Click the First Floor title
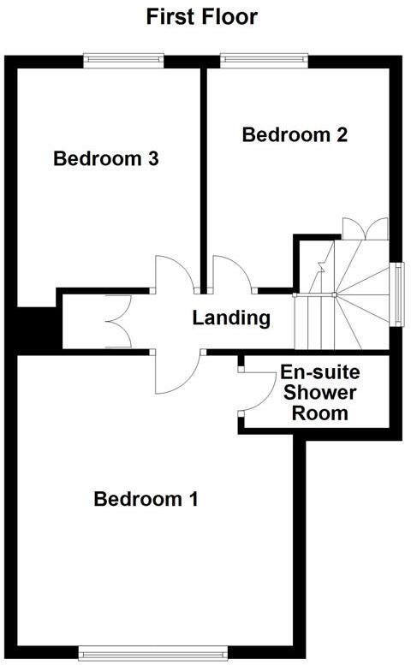pos(201,16)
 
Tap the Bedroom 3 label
pos(106,158)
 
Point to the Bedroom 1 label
pos(146,498)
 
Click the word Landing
pos(231,318)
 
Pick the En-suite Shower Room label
pos(315,393)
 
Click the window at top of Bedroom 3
pos(123,59)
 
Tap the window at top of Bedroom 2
pos(264,59)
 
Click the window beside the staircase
pos(396,294)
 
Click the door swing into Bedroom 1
pos(176,371)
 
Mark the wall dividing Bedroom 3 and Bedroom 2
pos(205,171)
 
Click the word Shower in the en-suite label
pos(315,393)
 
